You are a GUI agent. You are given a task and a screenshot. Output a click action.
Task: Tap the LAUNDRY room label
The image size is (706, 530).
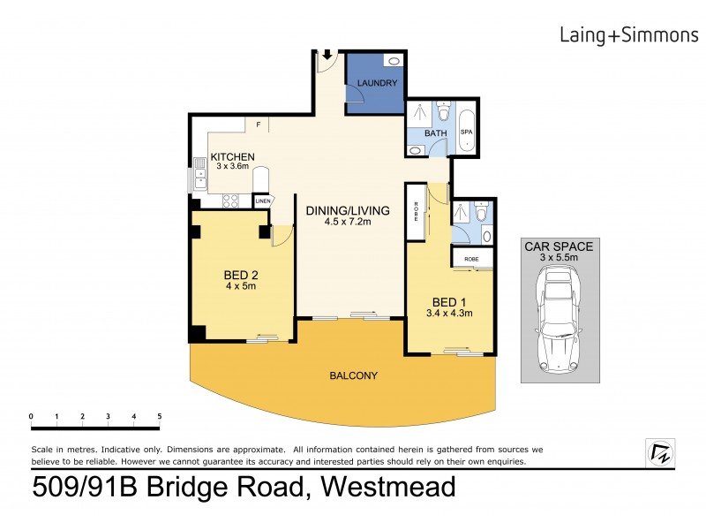378,84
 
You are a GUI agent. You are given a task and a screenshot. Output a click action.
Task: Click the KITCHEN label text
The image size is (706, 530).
232,156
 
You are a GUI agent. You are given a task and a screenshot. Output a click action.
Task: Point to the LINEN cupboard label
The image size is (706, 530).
262,201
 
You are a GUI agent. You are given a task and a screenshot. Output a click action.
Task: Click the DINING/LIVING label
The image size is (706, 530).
348,210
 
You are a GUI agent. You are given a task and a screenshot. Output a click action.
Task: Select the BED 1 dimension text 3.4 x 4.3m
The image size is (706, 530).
450,312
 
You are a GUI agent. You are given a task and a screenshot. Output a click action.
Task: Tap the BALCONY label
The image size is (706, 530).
353,375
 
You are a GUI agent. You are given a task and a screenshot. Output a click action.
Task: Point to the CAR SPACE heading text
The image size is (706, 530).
559,246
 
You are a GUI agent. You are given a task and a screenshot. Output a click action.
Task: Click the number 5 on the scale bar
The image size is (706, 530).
160,416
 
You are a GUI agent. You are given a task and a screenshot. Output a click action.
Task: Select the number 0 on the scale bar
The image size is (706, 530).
31,416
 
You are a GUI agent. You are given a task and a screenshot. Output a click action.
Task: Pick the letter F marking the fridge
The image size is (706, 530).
259,125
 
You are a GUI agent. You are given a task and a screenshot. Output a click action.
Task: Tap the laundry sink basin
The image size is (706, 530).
394,62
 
